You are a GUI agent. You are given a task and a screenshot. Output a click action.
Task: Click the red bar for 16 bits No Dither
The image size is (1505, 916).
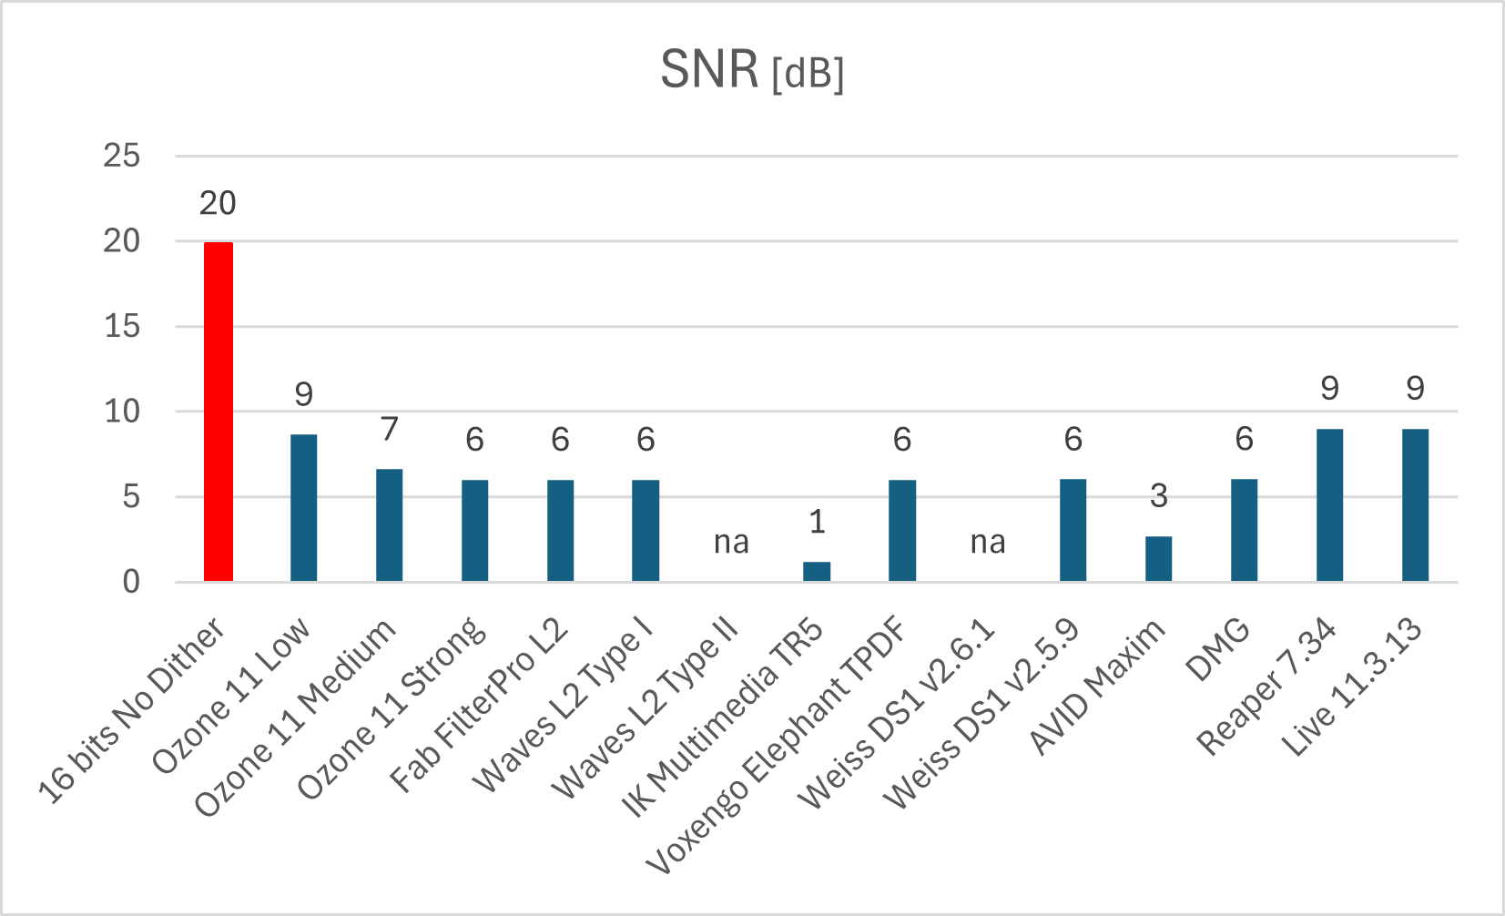(x=218, y=412)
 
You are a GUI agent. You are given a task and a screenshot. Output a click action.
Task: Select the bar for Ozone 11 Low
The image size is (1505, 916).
(x=303, y=508)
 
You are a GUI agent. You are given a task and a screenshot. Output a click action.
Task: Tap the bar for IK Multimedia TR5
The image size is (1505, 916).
(x=817, y=572)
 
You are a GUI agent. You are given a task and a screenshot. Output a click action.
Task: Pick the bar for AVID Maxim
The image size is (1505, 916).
(x=1158, y=559)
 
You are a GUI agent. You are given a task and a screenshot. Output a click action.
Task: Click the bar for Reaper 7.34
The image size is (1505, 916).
(x=1329, y=505)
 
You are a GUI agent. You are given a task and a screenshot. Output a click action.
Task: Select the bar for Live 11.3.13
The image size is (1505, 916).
(x=1415, y=505)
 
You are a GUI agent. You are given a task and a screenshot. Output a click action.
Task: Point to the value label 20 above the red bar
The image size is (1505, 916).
(x=218, y=204)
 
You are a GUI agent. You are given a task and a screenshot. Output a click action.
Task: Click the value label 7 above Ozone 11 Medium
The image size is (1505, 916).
(x=390, y=429)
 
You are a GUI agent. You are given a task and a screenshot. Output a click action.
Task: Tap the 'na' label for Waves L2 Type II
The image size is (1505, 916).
(x=731, y=543)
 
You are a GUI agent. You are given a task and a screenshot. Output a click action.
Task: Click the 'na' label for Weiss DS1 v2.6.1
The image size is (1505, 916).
(x=988, y=543)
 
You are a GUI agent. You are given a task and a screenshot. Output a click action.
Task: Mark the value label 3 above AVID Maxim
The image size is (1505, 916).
(x=1158, y=496)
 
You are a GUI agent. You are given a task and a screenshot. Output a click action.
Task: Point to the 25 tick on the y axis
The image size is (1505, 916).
(x=122, y=156)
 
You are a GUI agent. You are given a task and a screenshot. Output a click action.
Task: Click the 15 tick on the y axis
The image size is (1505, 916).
(x=122, y=326)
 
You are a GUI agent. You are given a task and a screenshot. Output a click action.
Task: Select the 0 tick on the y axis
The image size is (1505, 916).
(x=132, y=582)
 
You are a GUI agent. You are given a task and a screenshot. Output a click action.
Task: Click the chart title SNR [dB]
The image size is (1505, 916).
(x=752, y=70)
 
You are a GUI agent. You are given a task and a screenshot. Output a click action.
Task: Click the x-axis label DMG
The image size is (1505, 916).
(x=1218, y=650)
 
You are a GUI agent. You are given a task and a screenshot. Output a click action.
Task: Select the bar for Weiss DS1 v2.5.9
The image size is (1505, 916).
(x=1073, y=531)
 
